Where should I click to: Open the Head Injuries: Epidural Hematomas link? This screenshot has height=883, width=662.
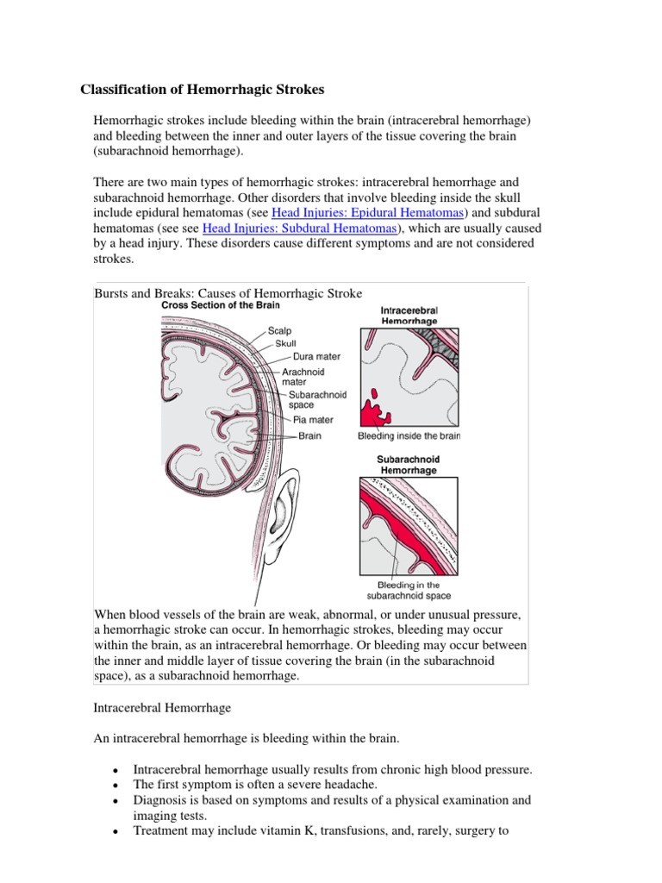368,212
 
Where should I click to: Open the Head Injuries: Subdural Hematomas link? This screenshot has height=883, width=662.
300,229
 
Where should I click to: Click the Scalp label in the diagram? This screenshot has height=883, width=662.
279,330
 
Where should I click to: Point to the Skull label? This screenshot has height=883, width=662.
285,343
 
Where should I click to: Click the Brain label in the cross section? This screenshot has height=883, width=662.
309,436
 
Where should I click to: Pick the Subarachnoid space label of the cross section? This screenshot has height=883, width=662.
317,400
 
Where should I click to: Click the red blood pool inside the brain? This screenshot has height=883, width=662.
372,412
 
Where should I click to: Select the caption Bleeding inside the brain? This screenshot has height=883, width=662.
409,436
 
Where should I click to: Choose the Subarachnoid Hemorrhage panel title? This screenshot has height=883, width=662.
408,466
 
